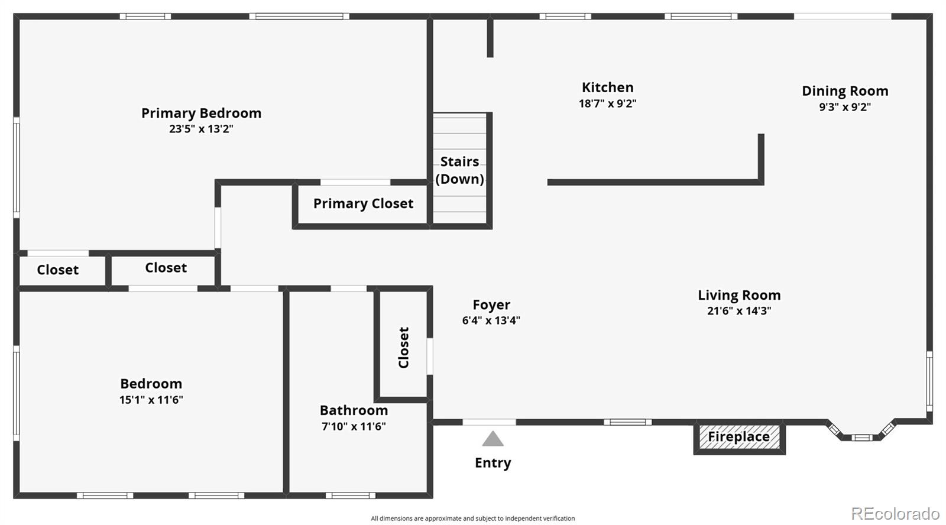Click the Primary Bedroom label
(201, 113)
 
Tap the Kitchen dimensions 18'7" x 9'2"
(607, 103)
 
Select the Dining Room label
(845, 91)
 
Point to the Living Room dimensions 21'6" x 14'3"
(739, 311)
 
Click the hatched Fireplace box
(739, 437)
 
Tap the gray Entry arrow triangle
(493, 439)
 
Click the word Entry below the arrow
(493, 463)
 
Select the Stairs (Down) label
(459, 170)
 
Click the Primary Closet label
(363, 204)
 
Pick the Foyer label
(491, 305)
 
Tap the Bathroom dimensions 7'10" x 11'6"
(354, 426)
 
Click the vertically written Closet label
(404, 348)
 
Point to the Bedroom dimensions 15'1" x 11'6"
(151, 400)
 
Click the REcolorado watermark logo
(895, 513)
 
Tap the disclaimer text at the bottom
(472, 518)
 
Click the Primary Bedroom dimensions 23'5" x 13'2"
(201, 129)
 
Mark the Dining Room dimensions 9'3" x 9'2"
(845, 107)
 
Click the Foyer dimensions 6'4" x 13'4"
(491, 320)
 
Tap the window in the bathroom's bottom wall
(350, 495)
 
